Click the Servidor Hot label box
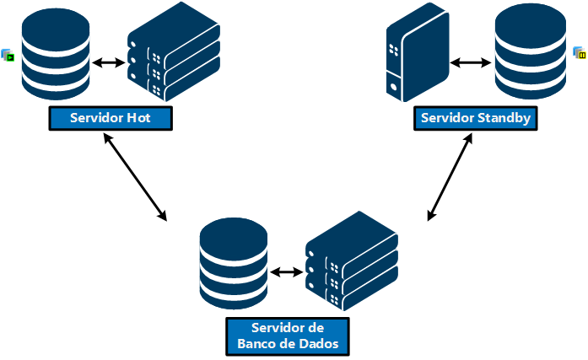click(111, 118)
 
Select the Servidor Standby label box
click(475, 118)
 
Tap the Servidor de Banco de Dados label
click(288, 336)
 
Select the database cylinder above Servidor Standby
click(529, 52)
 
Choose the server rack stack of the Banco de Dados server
click(351, 263)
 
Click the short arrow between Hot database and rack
click(109, 63)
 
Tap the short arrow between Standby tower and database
click(471, 63)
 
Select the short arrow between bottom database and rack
click(287, 272)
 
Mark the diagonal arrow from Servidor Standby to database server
click(448, 180)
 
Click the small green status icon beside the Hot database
click(8, 56)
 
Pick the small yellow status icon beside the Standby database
click(580, 54)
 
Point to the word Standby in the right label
click(504, 118)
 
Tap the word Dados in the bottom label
click(320, 343)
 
